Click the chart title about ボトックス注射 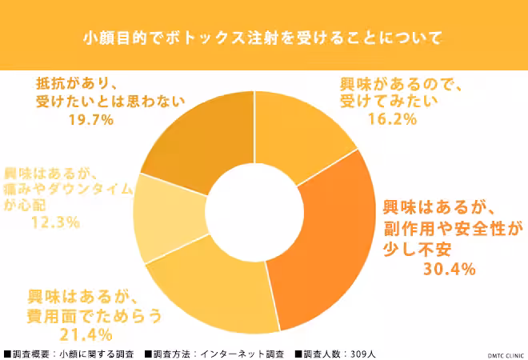[x=263, y=37]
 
